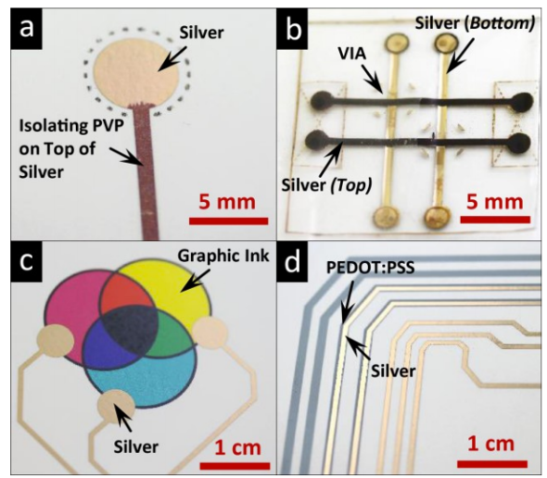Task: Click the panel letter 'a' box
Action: click(27, 29)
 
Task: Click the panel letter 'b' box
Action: click(292, 29)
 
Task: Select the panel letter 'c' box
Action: click(27, 262)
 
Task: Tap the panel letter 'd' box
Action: click(292, 262)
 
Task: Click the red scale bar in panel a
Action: click(228, 221)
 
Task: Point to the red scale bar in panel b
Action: click(495, 220)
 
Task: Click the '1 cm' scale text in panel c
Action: click(237, 447)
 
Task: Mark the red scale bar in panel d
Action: click(492, 464)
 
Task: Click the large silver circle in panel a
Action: click(136, 75)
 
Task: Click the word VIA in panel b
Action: click(352, 54)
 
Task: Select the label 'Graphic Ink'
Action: click(223, 257)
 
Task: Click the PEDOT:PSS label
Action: click(371, 268)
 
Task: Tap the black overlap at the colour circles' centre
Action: click(130, 330)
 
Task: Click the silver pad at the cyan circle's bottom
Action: click(116, 407)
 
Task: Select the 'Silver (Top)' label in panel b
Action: click(326, 185)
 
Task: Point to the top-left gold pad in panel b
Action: click(397, 44)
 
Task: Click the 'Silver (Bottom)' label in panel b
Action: click(475, 23)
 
